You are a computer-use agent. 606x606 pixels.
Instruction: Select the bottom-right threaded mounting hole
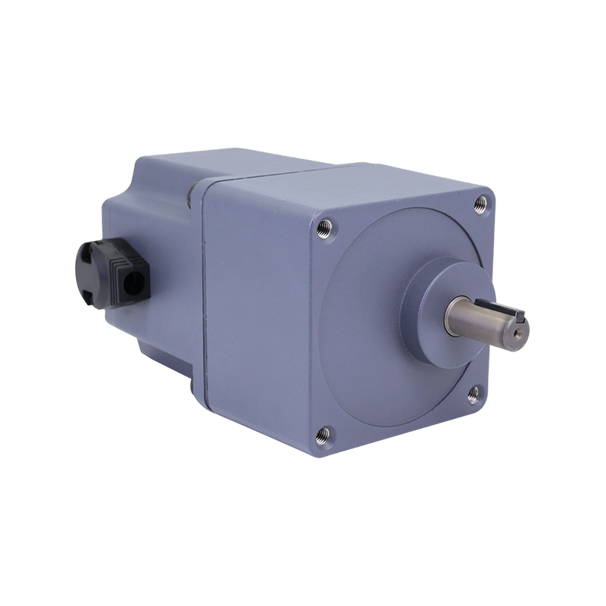point(473,392)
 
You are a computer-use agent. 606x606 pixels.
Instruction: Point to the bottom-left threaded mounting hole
point(324,433)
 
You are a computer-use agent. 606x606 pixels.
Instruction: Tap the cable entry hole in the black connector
point(137,283)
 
